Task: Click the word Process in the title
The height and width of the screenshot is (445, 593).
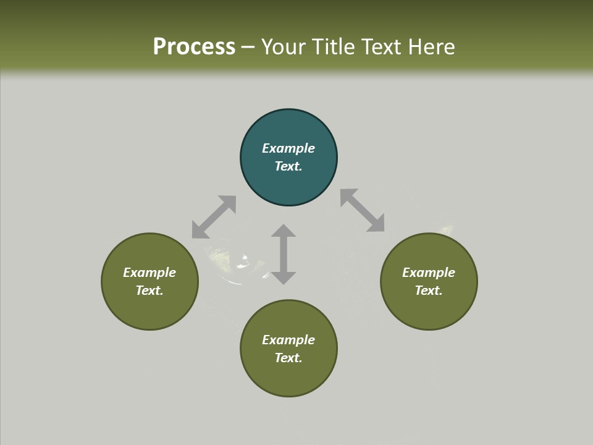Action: coord(194,47)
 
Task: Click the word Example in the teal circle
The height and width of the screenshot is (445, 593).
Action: coord(288,148)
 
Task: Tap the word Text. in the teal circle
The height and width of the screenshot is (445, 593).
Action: coord(288,166)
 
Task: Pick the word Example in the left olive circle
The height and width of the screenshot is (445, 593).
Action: coord(149,273)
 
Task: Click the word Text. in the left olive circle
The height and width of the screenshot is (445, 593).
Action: coord(149,290)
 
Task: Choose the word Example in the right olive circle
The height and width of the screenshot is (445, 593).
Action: coord(429,273)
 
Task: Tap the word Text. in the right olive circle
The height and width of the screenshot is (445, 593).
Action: coord(429,290)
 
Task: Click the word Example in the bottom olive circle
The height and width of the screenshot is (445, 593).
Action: coord(288,340)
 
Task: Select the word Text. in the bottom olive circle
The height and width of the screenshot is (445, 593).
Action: coord(288,358)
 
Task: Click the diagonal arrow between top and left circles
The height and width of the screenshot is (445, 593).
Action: coord(214,217)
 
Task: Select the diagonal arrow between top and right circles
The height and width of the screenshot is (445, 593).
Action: coord(363,211)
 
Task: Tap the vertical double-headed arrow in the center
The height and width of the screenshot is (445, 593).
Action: coord(284,254)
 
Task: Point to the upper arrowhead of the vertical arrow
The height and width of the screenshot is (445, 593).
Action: coord(284,231)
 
